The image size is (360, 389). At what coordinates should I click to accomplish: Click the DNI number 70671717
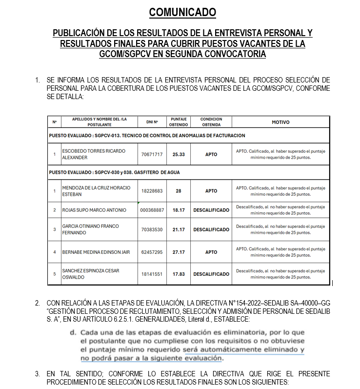pyautogui.click(x=151, y=154)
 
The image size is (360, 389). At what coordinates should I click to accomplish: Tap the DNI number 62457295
pyautogui.click(x=151, y=252)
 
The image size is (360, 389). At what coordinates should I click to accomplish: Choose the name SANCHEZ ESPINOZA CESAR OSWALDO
pyautogui.click(x=93, y=274)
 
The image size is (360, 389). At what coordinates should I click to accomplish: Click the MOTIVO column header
pyautogui.click(x=280, y=122)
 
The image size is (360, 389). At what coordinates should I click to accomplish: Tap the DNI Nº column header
pyautogui.click(x=151, y=122)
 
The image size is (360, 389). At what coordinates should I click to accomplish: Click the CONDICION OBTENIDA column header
pyautogui.click(x=211, y=122)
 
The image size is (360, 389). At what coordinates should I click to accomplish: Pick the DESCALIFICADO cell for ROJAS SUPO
pyautogui.click(x=211, y=210)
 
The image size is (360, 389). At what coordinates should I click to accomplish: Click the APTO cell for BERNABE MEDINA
pyautogui.click(x=211, y=252)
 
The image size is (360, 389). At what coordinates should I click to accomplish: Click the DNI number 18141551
pyautogui.click(x=151, y=274)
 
